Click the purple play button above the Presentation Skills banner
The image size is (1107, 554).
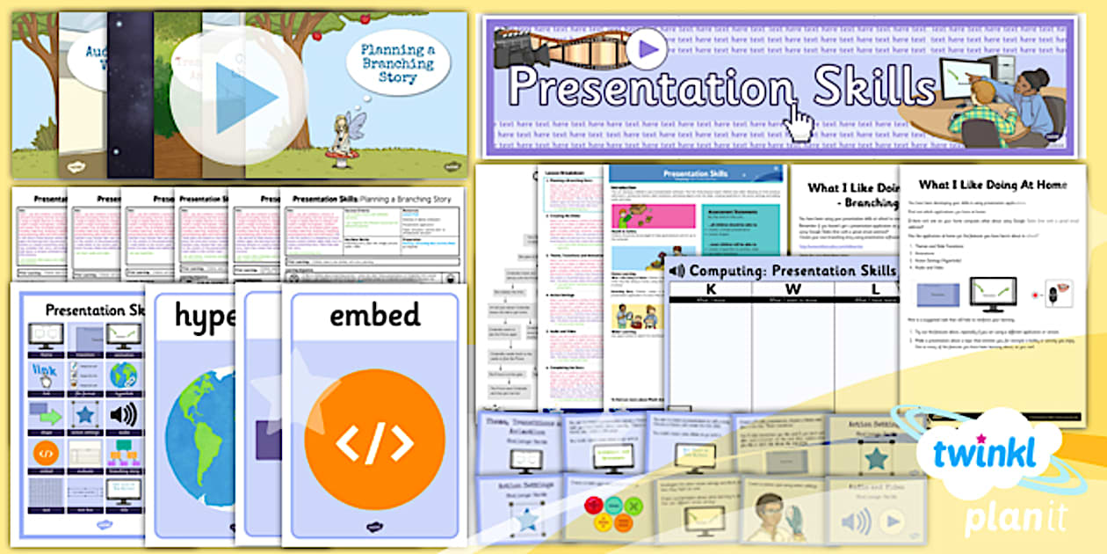click(648, 49)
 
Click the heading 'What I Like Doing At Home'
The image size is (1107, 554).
click(992, 185)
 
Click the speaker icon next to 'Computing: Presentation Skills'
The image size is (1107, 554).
click(677, 271)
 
